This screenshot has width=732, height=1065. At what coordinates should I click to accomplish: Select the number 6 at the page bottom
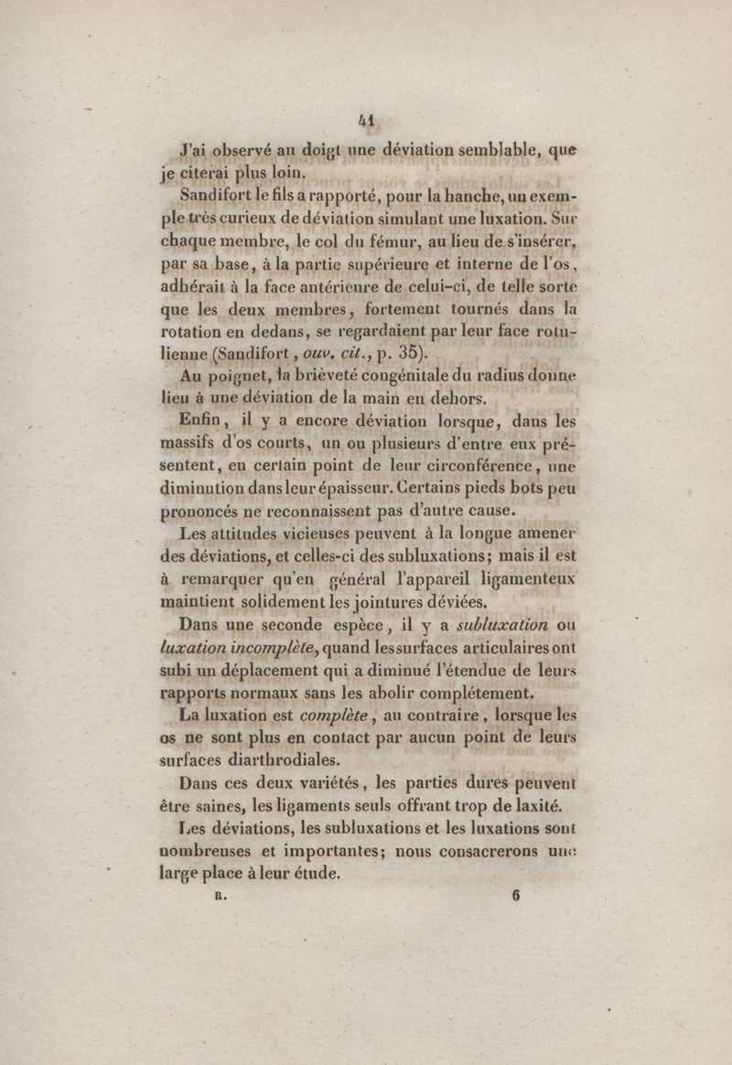click(x=516, y=897)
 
